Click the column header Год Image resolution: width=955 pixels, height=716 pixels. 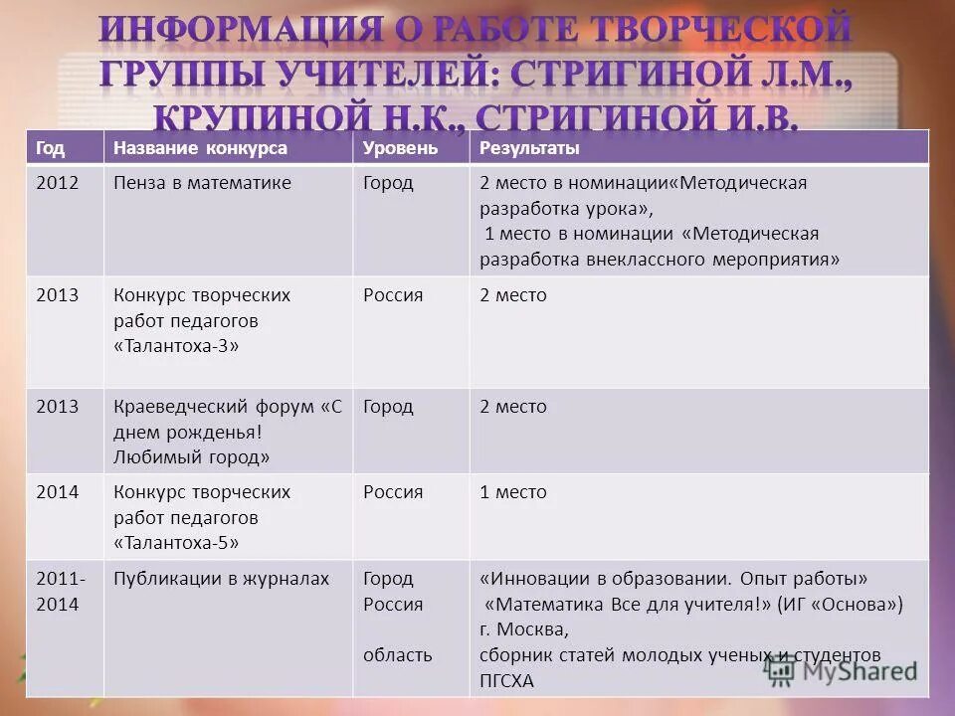(x=51, y=148)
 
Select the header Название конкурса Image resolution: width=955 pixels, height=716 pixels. (x=200, y=148)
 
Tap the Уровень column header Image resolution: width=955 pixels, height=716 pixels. (x=400, y=148)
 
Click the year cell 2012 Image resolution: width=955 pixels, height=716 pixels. (x=55, y=183)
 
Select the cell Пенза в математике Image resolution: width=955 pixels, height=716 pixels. (x=202, y=183)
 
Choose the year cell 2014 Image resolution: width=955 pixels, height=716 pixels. (x=55, y=492)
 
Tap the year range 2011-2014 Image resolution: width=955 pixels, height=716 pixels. (x=60, y=591)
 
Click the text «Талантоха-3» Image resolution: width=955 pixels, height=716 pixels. (x=176, y=347)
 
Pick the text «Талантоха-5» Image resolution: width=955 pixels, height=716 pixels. (x=176, y=544)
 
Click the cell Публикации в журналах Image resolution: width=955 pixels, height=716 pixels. (x=221, y=578)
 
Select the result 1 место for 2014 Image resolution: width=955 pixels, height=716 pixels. (x=513, y=492)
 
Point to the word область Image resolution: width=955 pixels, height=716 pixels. (x=398, y=654)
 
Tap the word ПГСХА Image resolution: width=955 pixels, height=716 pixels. (x=506, y=681)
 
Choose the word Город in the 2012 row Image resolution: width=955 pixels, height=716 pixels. (x=388, y=183)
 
